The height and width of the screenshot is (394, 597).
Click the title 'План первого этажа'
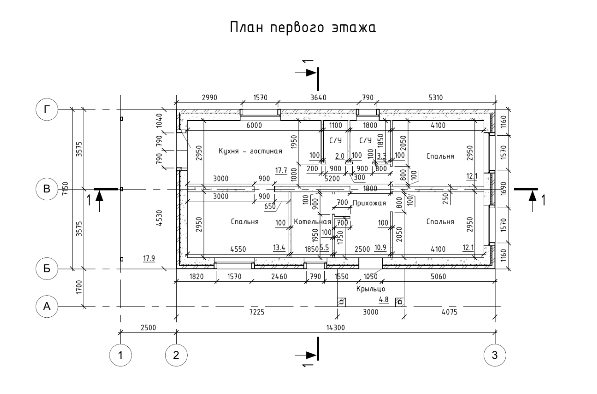303,28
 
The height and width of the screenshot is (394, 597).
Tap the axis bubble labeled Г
47,109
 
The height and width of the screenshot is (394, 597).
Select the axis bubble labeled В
47,189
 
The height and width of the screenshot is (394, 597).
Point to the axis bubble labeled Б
47,269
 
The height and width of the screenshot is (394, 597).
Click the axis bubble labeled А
47,306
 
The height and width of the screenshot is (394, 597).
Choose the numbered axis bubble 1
120,355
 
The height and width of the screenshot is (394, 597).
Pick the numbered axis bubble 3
495,355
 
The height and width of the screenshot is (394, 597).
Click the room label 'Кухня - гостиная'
250,151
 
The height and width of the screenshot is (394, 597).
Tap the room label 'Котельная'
313,221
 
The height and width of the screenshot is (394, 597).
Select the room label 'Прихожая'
370,203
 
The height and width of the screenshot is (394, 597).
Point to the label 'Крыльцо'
371,289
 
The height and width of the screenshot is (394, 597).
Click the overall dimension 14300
335,328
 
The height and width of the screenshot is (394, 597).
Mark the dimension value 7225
257,312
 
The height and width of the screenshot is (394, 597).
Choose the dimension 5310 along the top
436,98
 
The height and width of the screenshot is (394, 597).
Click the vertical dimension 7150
66,189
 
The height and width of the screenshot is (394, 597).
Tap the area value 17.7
281,170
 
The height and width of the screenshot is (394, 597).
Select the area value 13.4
279,248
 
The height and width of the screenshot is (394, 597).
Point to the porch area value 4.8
384,299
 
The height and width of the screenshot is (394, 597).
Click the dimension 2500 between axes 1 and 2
148,328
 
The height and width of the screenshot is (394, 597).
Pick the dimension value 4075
450,312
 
